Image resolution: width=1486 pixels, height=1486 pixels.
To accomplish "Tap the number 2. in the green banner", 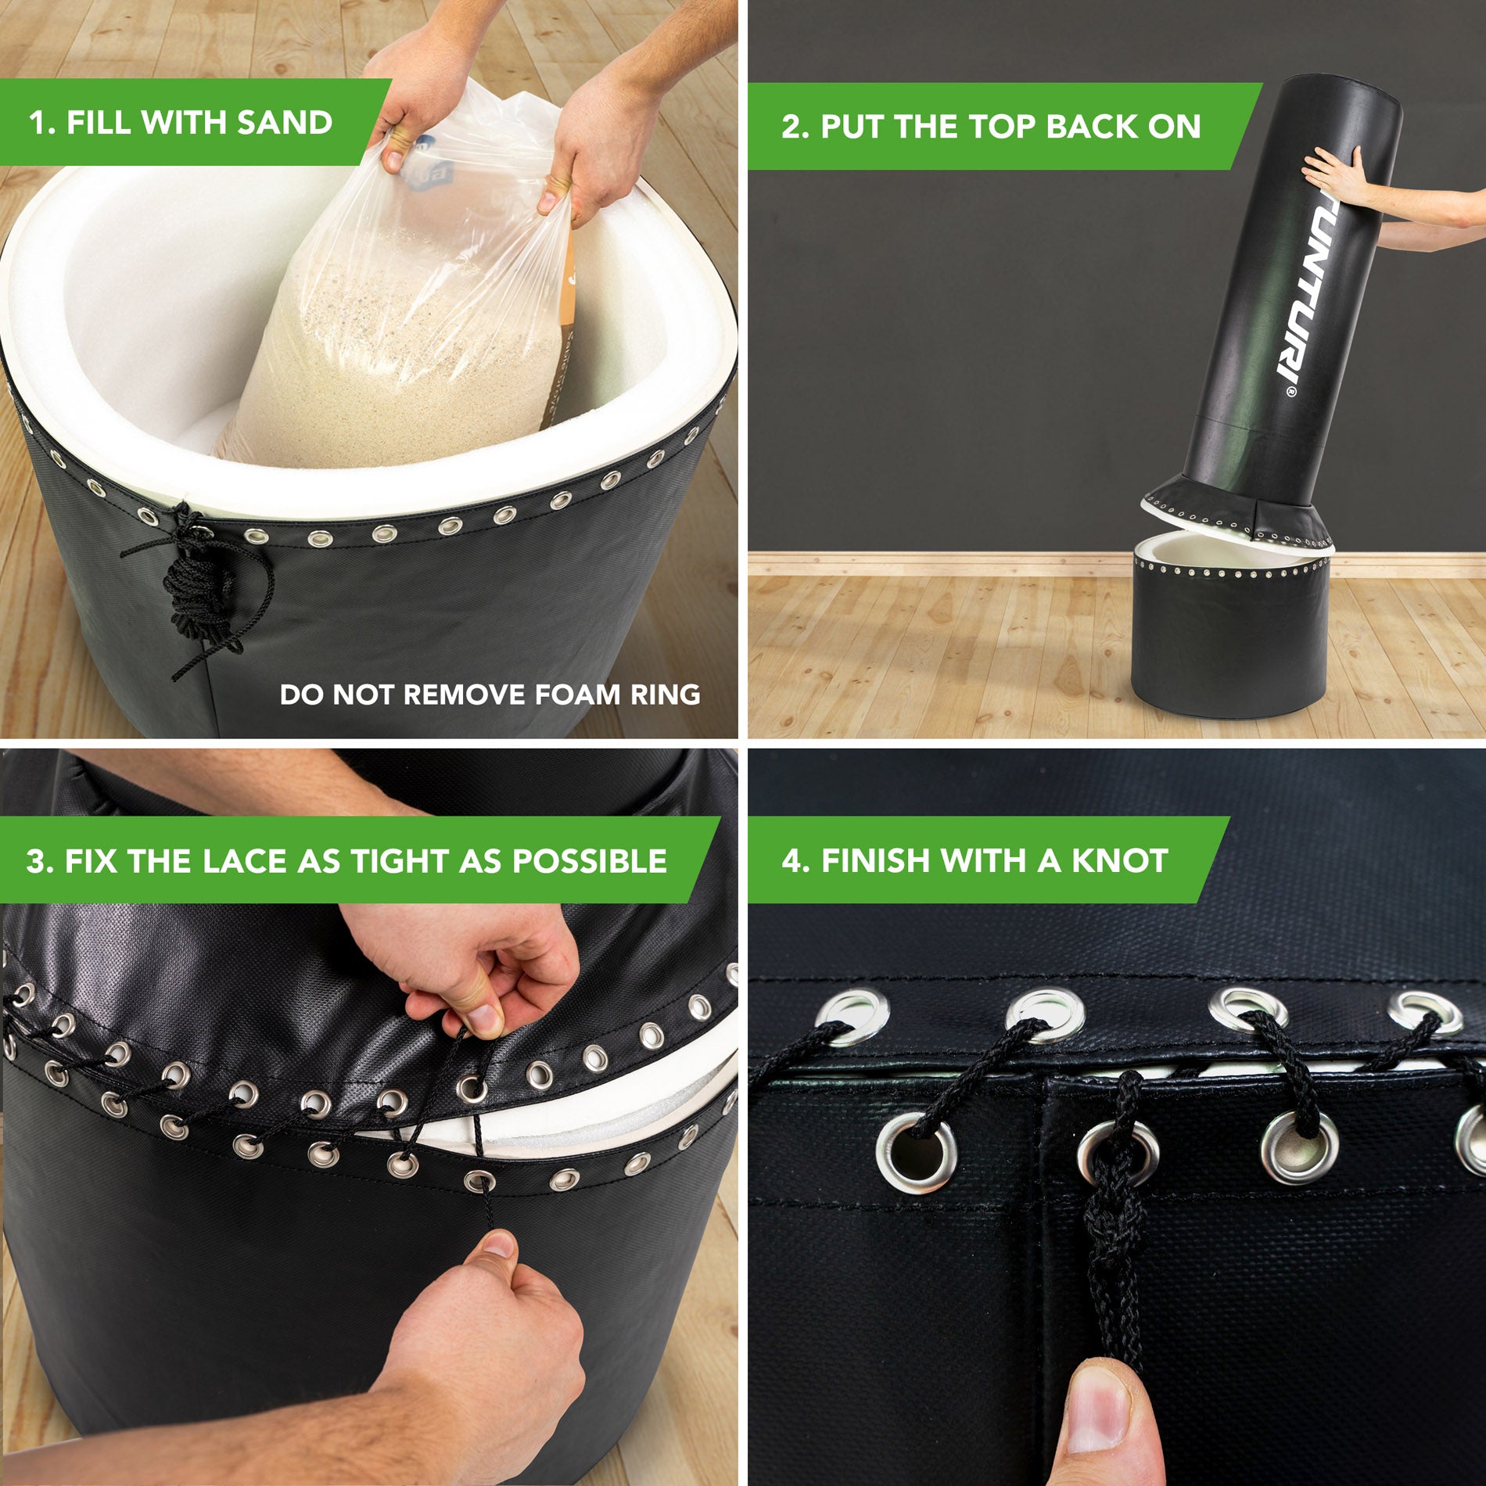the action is tap(795, 127).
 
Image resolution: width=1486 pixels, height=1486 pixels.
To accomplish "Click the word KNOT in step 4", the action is tap(1119, 860).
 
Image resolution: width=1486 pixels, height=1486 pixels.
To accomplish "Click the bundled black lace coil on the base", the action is tap(196, 583).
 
